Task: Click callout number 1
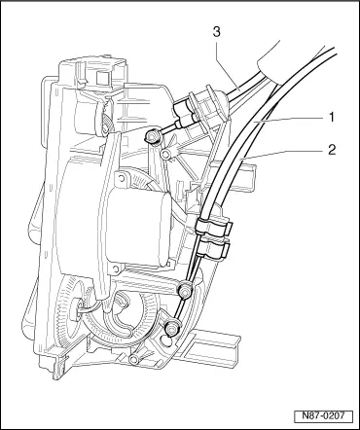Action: (x=331, y=118)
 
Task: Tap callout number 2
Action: (x=332, y=150)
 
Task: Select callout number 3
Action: (x=217, y=32)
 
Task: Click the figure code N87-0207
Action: (x=323, y=416)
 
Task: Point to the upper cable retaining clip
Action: (x=214, y=226)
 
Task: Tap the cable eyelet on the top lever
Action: (x=152, y=136)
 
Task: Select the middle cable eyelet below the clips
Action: (x=186, y=289)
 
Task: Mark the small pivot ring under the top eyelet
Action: (x=166, y=154)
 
